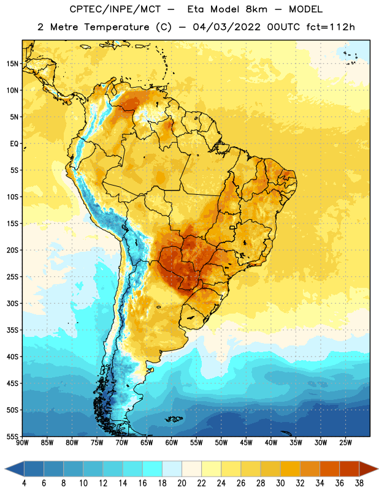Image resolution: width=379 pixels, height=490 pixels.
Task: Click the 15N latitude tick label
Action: pos(12,64)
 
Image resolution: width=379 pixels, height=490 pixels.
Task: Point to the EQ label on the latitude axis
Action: pos(14,144)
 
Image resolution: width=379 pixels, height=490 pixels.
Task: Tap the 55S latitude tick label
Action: pos(12,436)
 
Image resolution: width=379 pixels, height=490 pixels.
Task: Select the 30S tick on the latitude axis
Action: pos(12,303)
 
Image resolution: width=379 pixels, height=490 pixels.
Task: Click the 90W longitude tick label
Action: pos(22,443)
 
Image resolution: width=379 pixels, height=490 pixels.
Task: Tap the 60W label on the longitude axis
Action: pos(172,443)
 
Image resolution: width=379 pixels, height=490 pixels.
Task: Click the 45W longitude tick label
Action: pos(246,443)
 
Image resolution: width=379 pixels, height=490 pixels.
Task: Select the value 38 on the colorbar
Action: pos(359,483)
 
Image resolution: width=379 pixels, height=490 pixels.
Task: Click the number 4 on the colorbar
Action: pos(24,483)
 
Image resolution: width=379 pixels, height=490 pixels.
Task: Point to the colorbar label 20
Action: pos(182,483)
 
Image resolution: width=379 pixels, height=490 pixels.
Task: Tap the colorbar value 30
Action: pos(280,483)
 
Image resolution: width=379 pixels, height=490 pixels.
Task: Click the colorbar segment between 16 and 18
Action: pos(152,469)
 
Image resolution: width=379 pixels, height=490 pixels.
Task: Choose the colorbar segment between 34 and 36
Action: pos(329,469)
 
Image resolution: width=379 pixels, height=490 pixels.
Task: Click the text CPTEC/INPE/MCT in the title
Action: pos(115,9)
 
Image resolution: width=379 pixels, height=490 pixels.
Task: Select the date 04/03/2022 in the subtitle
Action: pos(226,27)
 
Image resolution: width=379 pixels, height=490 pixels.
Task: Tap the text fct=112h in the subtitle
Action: pos(331,27)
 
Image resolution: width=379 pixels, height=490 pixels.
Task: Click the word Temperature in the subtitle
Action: pos(117,27)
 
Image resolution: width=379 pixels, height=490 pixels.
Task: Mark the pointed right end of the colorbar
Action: pos(378,469)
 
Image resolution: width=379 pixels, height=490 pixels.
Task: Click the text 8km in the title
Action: pos(256,9)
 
